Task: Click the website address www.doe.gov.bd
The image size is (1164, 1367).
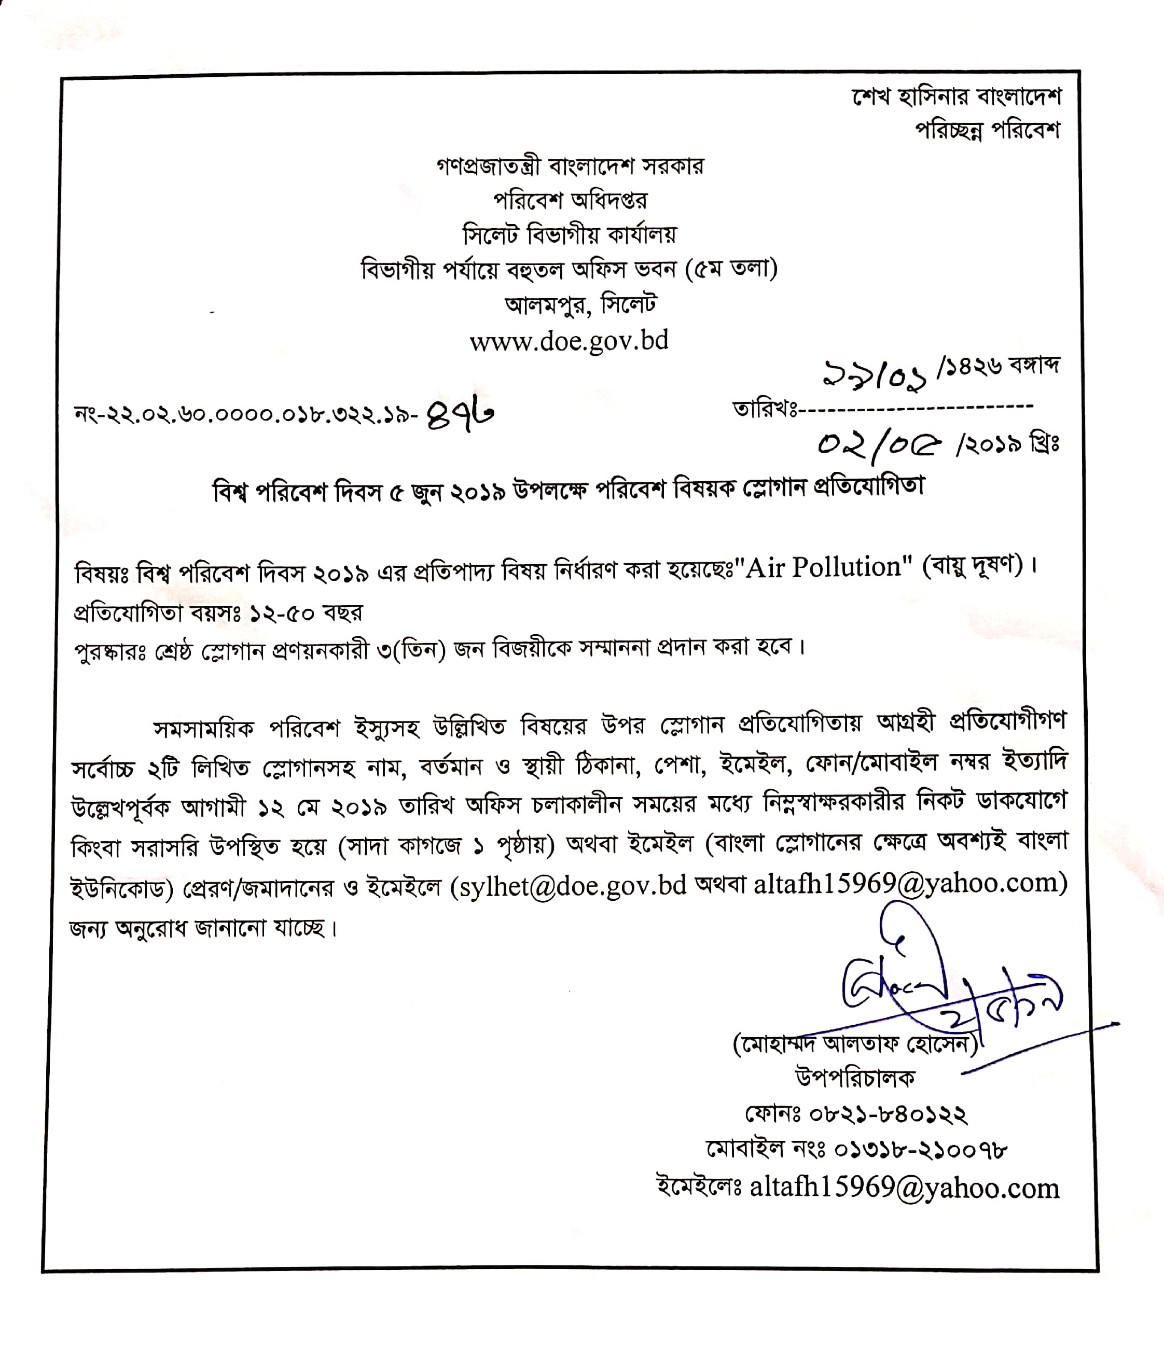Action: click(x=569, y=341)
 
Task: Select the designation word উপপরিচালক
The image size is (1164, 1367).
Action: click(x=855, y=1096)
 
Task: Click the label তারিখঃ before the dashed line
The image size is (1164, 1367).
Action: click(x=764, y=409)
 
